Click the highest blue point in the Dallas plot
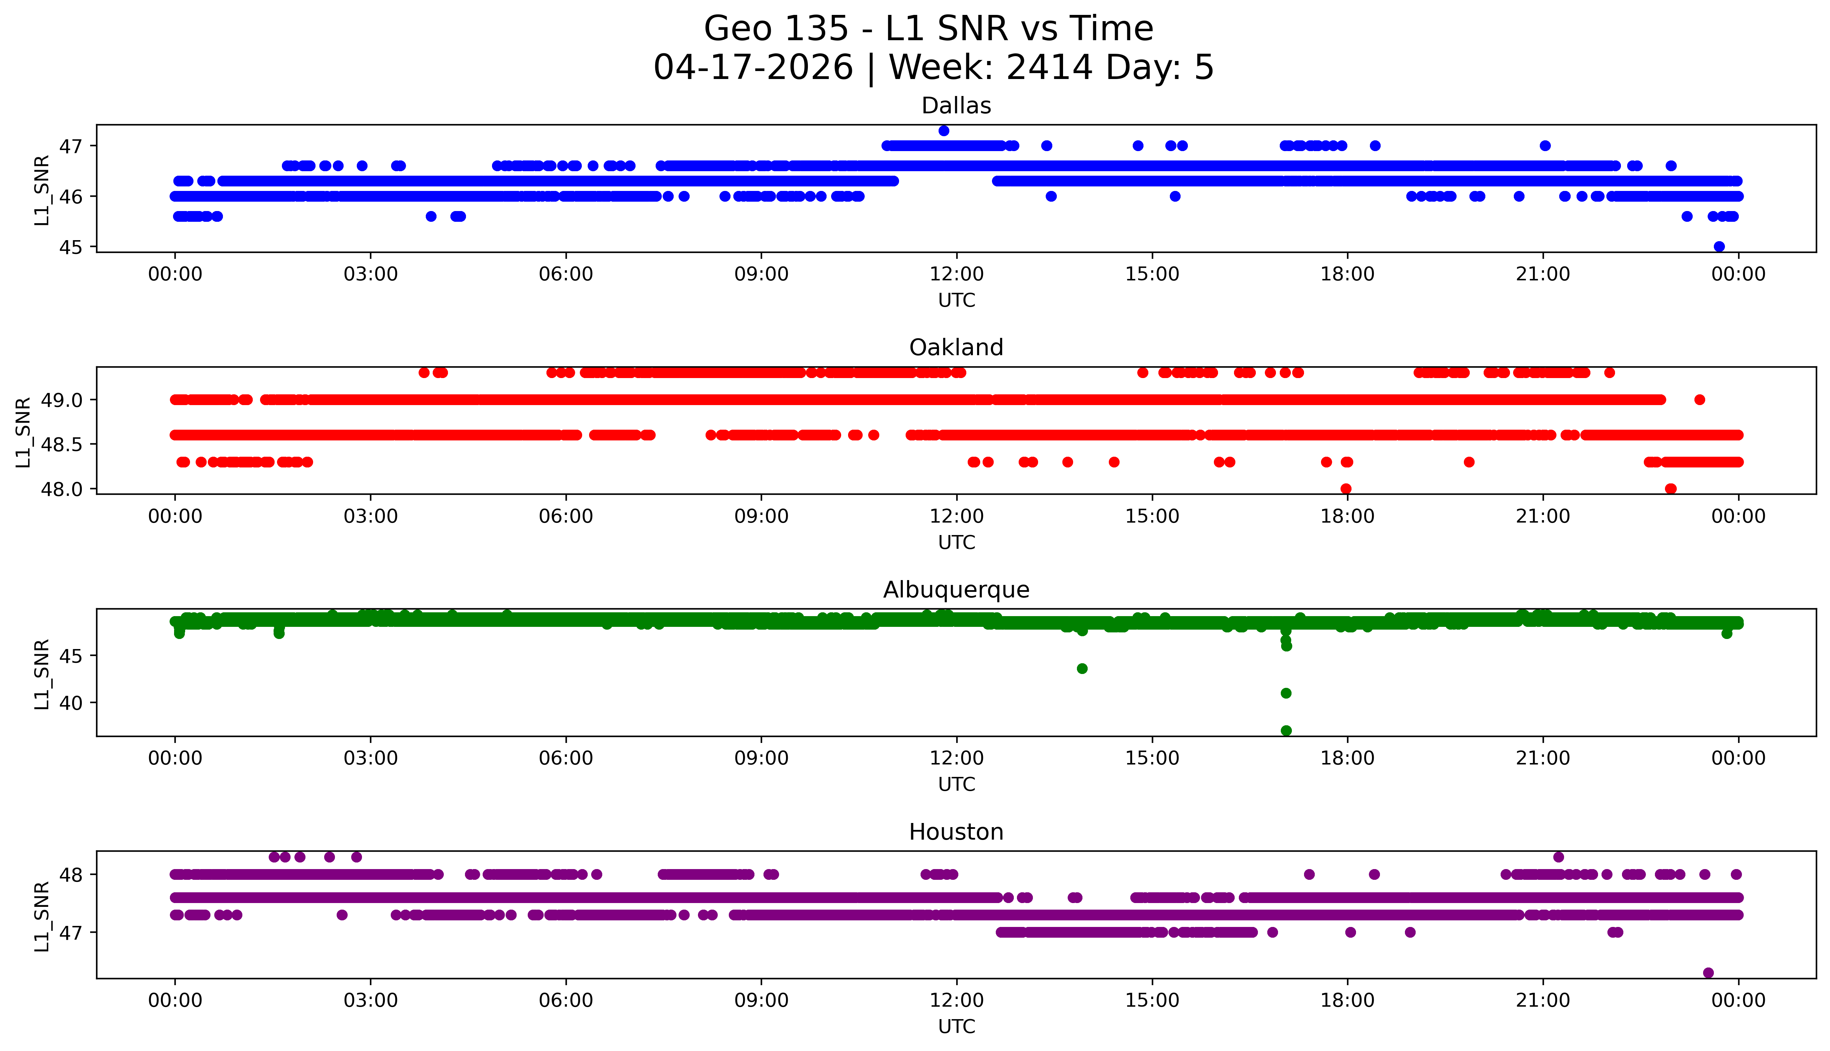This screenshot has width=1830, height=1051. point(943,131)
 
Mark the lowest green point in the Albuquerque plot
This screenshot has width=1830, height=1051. point(1286,730)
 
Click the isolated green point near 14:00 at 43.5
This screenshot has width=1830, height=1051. point(1082,668)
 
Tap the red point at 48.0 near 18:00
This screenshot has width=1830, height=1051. point(1345,489)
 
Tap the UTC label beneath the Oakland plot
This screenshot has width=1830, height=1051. point(956,542)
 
